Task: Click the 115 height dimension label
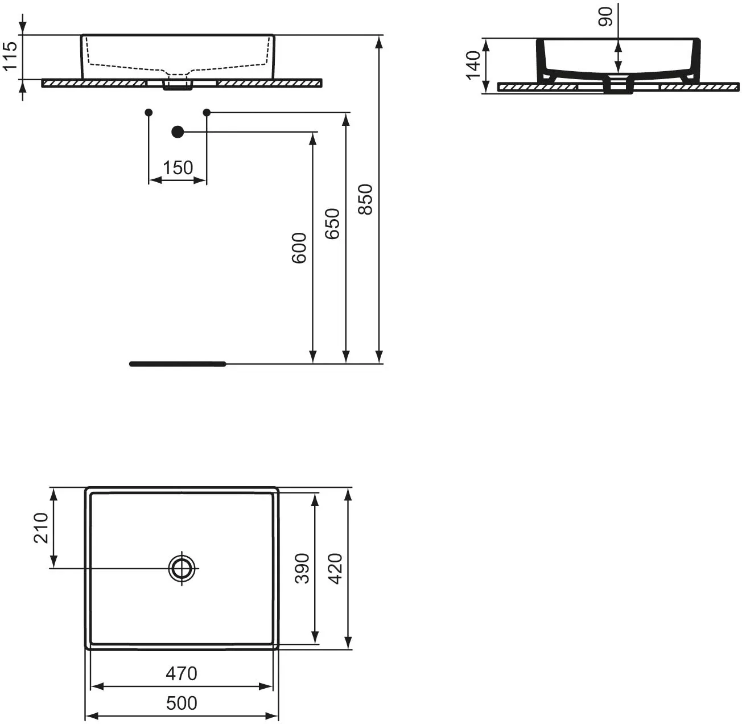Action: (10, 56)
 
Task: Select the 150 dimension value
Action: (178, 168)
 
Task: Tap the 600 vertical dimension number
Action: (299, 248)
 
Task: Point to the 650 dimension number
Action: (332, 224)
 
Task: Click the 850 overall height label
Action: (365, 200)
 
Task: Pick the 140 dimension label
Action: (473, 65)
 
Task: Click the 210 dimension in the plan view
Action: (41, 528)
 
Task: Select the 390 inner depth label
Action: (302, 569)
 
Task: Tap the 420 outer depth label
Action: (336, 569)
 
